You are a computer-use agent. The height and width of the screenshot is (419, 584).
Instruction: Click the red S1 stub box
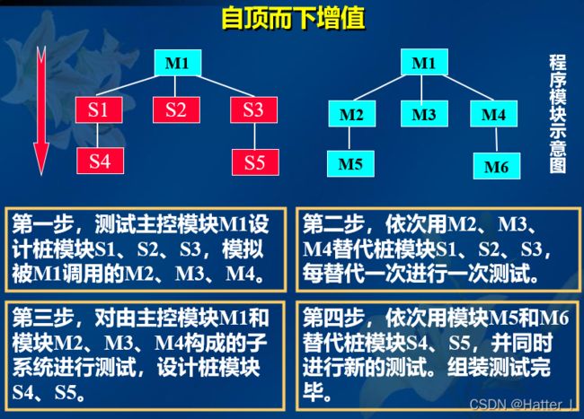point(99,109)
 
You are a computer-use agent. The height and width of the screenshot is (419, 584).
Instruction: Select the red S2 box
point(176,109)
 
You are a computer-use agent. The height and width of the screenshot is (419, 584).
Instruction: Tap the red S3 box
point(253,109)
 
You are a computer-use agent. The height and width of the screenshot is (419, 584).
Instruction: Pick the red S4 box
point(101,161)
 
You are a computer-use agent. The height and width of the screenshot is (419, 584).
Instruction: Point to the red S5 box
point(255,162)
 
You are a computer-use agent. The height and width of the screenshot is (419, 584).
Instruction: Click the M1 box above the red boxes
point(178,63)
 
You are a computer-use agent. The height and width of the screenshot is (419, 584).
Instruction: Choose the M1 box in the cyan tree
point(424,62)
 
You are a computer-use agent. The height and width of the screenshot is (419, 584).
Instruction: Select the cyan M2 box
point(351,113)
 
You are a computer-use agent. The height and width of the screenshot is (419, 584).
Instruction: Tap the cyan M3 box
point(424,113)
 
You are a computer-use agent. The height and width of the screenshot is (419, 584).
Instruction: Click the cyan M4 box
point(493,113)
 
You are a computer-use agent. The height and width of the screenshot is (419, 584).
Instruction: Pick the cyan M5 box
point(350,163)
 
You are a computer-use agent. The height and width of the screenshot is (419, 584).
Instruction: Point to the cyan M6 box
point(497,166)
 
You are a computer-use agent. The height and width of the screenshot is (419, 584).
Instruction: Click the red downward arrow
point(41,110)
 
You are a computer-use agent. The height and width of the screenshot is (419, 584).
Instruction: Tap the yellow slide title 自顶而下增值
point(293,18)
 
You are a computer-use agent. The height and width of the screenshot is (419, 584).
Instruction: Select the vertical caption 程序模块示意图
point(558,114)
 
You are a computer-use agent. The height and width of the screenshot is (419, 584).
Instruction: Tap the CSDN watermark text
point(521,404)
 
